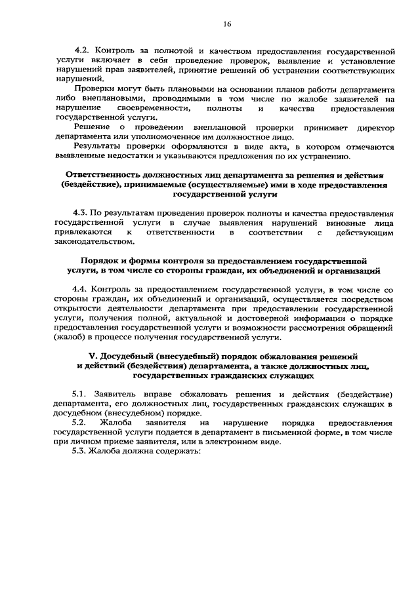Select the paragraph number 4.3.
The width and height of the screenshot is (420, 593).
81,214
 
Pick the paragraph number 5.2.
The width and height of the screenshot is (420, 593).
81,423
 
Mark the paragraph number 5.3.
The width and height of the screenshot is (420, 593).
81,451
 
